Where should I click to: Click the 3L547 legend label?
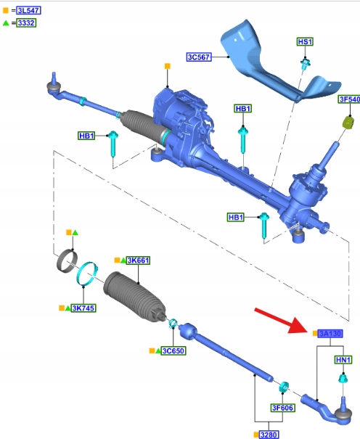coord(28,11)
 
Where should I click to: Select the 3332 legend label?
coord(26,22)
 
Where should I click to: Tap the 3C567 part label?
coord(199,57)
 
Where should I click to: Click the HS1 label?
coord(305,41)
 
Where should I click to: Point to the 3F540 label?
coord(349,99)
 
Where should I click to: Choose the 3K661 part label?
coord(138,260)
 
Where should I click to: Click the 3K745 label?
coord(83,308)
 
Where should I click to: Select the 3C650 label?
coord(173,350)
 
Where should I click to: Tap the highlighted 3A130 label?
coord(330,334)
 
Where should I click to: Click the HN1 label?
coord(343,360)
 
